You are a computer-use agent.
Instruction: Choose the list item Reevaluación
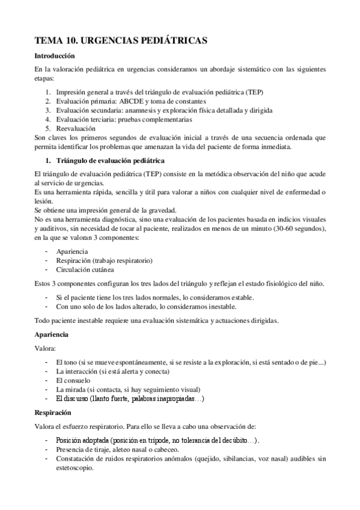tap(75, 129)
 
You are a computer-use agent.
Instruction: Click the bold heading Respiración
tap(53, 413)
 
